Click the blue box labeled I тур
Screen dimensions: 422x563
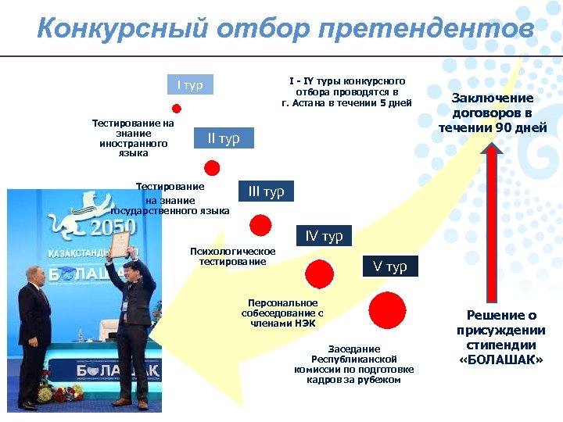point(189,85)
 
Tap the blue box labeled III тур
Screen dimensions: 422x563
point(266,191)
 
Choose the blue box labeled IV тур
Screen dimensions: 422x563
point(324,236)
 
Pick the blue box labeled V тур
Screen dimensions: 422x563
point(389,266)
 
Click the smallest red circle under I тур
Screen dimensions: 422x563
point(177,108)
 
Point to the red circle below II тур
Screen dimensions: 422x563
point(211,166)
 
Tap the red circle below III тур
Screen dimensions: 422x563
point(260,225)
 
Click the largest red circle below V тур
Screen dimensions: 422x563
point(386,310)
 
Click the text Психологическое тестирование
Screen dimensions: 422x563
point(232,256)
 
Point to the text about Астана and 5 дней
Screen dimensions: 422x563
point(346,91)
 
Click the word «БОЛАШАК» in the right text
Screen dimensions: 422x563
point(501,359)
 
